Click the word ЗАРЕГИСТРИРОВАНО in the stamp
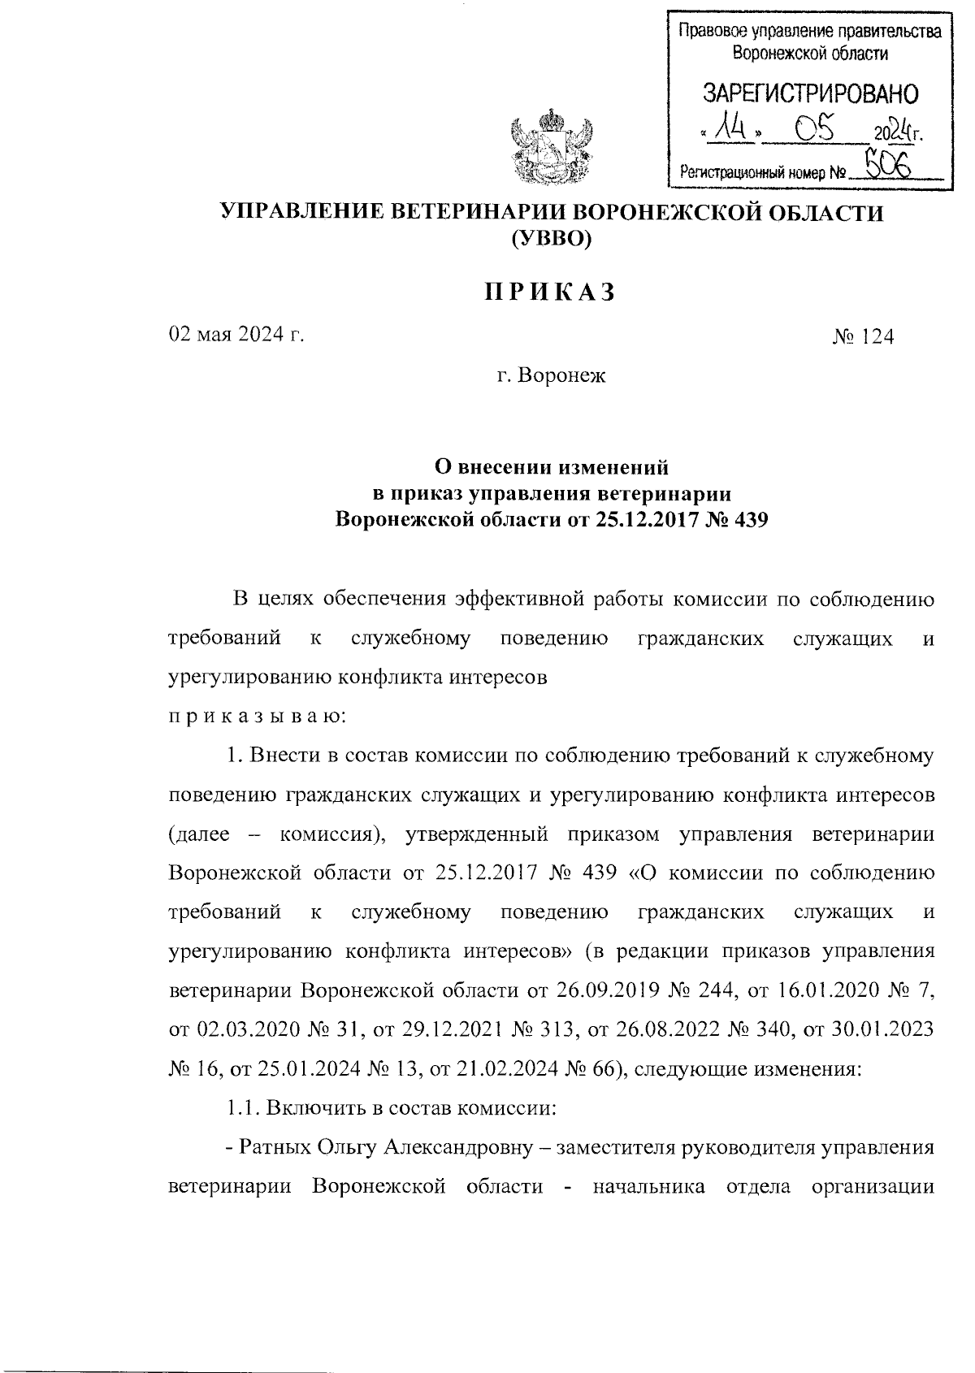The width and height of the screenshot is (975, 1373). [x=810, y=93]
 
